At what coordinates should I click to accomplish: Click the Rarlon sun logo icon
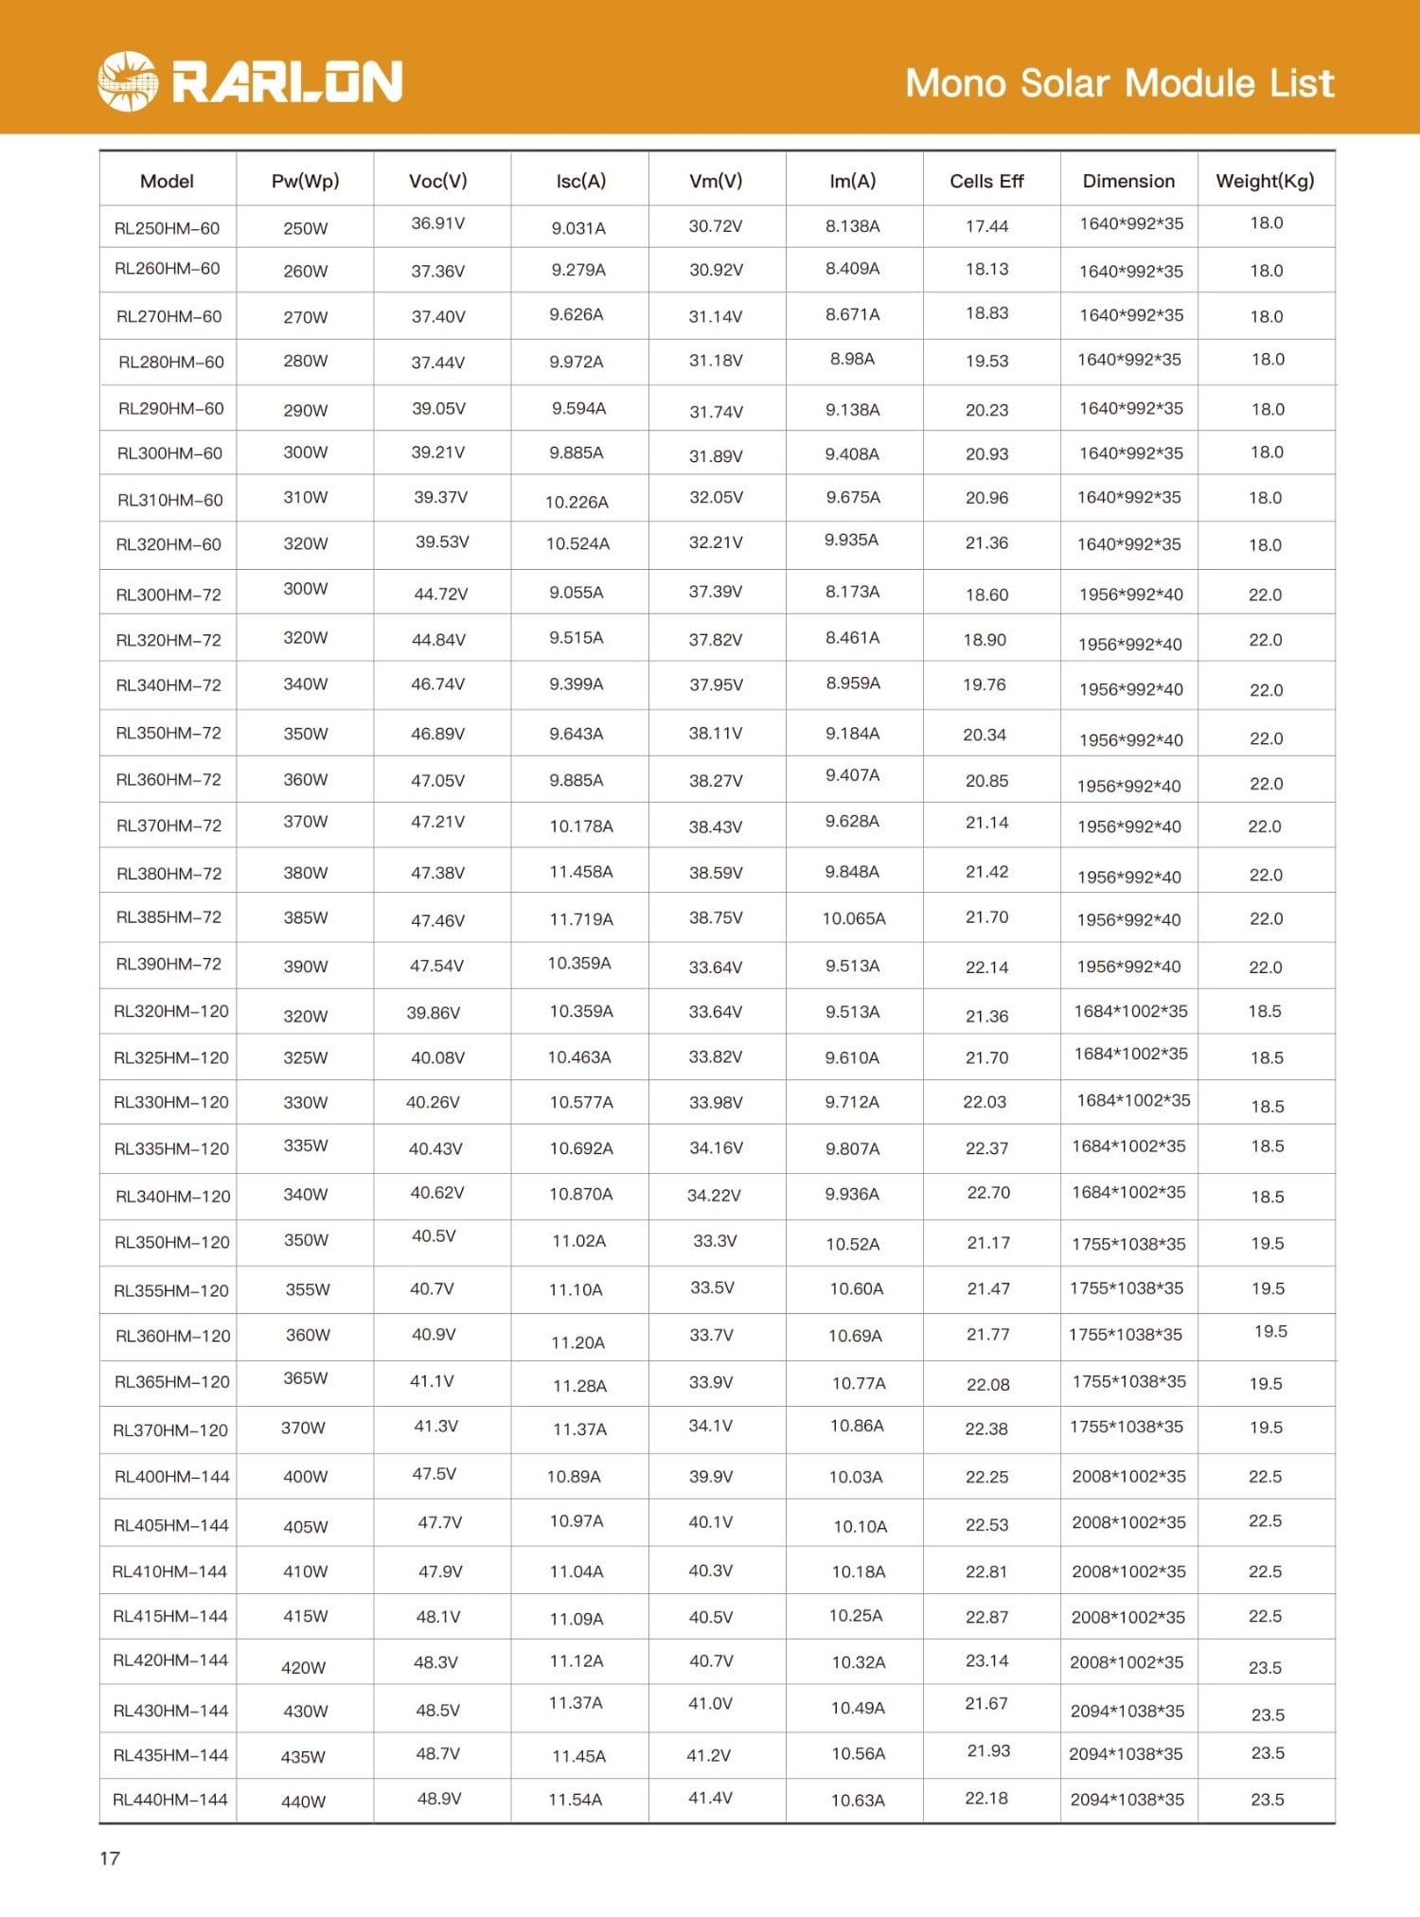(127, 81)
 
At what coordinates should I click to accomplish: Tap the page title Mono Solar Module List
(1119, 83)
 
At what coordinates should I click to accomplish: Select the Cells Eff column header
(986, 181)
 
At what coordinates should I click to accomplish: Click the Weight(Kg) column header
(1265, 181)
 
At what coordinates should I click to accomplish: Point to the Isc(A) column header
(580, 181)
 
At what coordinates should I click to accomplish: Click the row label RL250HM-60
(167, 228)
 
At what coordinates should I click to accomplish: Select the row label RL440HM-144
(170, 1800)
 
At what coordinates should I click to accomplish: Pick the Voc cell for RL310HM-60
(440, 497)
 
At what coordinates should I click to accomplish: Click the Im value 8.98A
(852, 359)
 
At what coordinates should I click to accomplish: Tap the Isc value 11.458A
(580, 872)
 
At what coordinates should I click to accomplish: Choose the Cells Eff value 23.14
(986, 1660)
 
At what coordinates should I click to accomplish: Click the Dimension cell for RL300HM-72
(1130, 595)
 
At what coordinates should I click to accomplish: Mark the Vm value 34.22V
(714, 1196)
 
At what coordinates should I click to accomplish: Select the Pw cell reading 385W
(305, 917)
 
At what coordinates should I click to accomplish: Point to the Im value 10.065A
(853, 918)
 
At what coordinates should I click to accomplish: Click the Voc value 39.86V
(434, 1013)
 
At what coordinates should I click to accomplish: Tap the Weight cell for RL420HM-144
(1265, 1667)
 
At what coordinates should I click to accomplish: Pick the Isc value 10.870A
(580, 1194)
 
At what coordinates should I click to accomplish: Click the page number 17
(110, 1857)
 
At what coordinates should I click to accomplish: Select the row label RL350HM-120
(171, 1242)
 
